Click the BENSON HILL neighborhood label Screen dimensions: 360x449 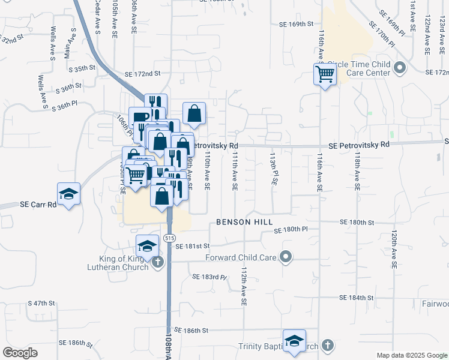[241, 222]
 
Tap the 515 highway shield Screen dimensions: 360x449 [170, 238]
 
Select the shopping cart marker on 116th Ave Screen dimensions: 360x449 [325, 75]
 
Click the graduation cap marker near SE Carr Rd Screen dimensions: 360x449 [68, 194]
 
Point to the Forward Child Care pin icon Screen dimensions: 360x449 [286, 257]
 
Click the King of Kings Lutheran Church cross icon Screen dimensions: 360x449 [158, 262]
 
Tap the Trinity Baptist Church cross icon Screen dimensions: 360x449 [327, 346]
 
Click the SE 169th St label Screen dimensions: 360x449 [297, 25]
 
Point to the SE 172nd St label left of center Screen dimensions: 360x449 [143, 74]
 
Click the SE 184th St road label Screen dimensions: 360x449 [357, 298]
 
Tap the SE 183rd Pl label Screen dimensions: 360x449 [209, 277]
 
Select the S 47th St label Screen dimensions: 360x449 [49, 304]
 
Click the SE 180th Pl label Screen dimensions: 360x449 [291, 230]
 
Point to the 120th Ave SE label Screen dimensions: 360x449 [394, 248]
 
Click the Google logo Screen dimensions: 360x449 [20, 353]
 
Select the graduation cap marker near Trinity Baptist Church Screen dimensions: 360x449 [294, 341]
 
